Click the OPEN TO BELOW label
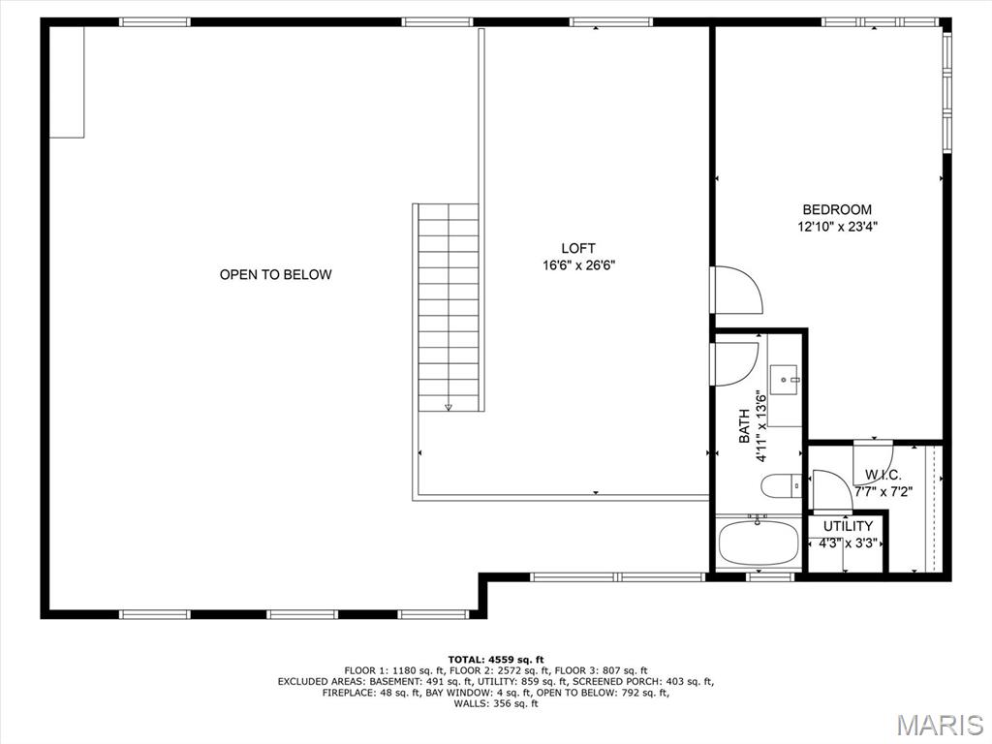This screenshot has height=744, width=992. [x=275, y=274]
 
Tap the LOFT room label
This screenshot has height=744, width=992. [x=578, y=249]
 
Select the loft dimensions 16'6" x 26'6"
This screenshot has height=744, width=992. [x=578, y=265]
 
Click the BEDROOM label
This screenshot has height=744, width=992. [x=837, y=209]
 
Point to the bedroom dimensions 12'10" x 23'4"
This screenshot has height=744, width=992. [x=837, y=227]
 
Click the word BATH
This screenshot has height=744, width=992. [x=744, y=426]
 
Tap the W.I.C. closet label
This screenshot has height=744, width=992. [x=883, y=475]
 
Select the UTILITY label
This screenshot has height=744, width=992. [x=848, y=526]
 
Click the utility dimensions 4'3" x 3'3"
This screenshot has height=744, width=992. [x=848, y=542]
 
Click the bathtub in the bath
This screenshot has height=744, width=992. [x=759, y=542]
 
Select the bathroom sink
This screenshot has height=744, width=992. [x=786, y=380]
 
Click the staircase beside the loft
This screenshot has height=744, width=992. [x=449, y=307]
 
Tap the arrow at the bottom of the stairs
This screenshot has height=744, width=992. [x=449, y=407]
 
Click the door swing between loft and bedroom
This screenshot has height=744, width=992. [x=736, y=290]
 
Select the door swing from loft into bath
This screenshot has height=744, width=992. [x=734, y=364]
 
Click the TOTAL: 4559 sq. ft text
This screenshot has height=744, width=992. [x=496, y=659]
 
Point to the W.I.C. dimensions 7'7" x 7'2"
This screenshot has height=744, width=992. [x=883, y=491]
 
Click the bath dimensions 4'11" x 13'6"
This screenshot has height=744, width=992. [x=761, y=426]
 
